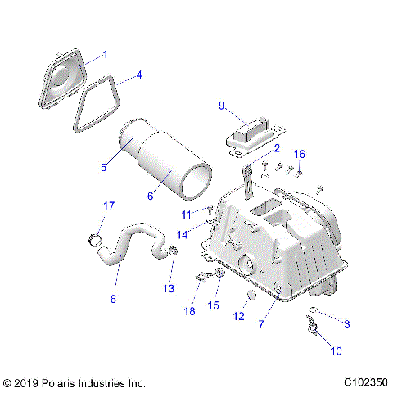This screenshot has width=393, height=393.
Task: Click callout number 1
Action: (104, 55)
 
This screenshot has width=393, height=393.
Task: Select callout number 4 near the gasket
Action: (139, 75)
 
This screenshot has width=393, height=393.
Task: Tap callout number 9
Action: (220, 106)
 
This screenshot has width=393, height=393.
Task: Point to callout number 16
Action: (300, 154)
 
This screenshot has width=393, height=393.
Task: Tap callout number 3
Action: (346, 325)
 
